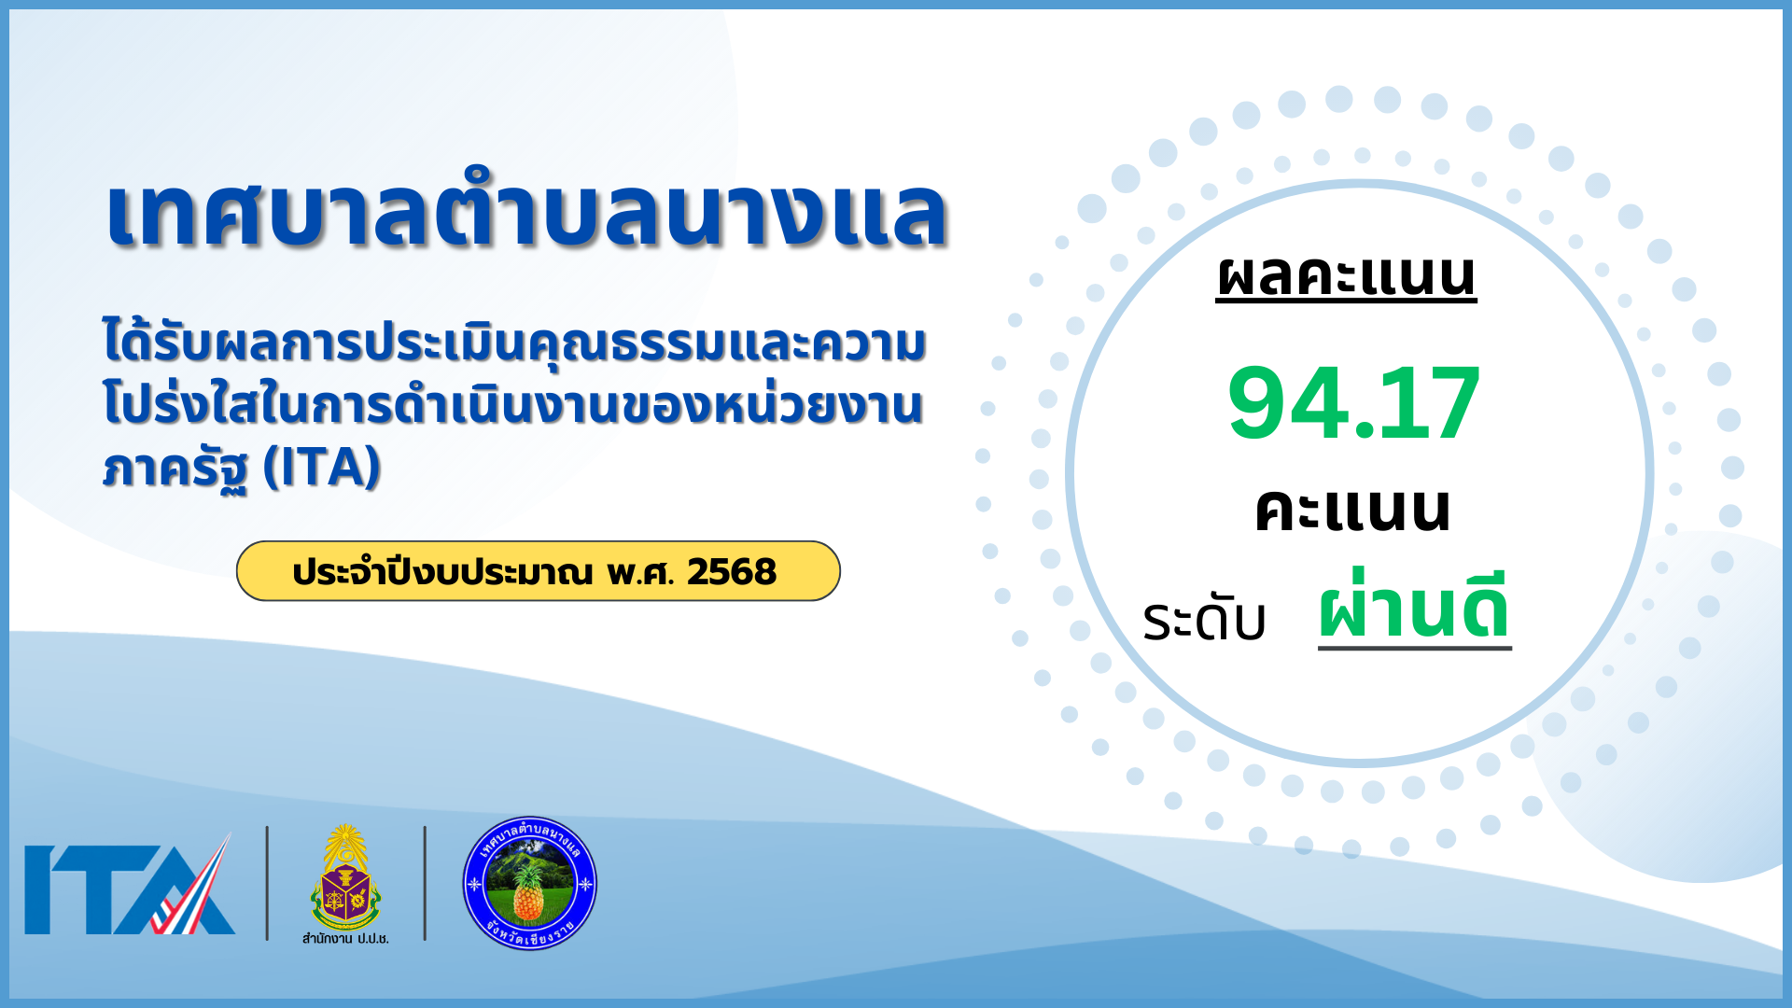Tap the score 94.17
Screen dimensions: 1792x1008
tap(1353, 403)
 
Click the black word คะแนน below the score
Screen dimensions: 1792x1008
tap(1352, 510)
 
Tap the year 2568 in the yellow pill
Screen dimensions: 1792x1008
tap(732, 572)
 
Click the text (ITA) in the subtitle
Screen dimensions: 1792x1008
tap(322, 467)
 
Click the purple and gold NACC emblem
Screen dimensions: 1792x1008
tap(345, 877)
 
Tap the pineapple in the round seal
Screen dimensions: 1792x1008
tap(528, 890)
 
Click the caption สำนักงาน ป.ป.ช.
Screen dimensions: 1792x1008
tap(345, 938)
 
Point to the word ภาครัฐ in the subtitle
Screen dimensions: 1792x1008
tap(175, 469)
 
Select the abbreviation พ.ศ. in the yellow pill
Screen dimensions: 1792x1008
tap(640, 572)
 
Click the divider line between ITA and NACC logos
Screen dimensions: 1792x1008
tap(267, 883)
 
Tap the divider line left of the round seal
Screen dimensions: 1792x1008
tap(426, 883)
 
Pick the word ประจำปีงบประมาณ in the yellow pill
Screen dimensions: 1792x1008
tap(442, 572)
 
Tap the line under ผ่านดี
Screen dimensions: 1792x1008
tap(1415, 647)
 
